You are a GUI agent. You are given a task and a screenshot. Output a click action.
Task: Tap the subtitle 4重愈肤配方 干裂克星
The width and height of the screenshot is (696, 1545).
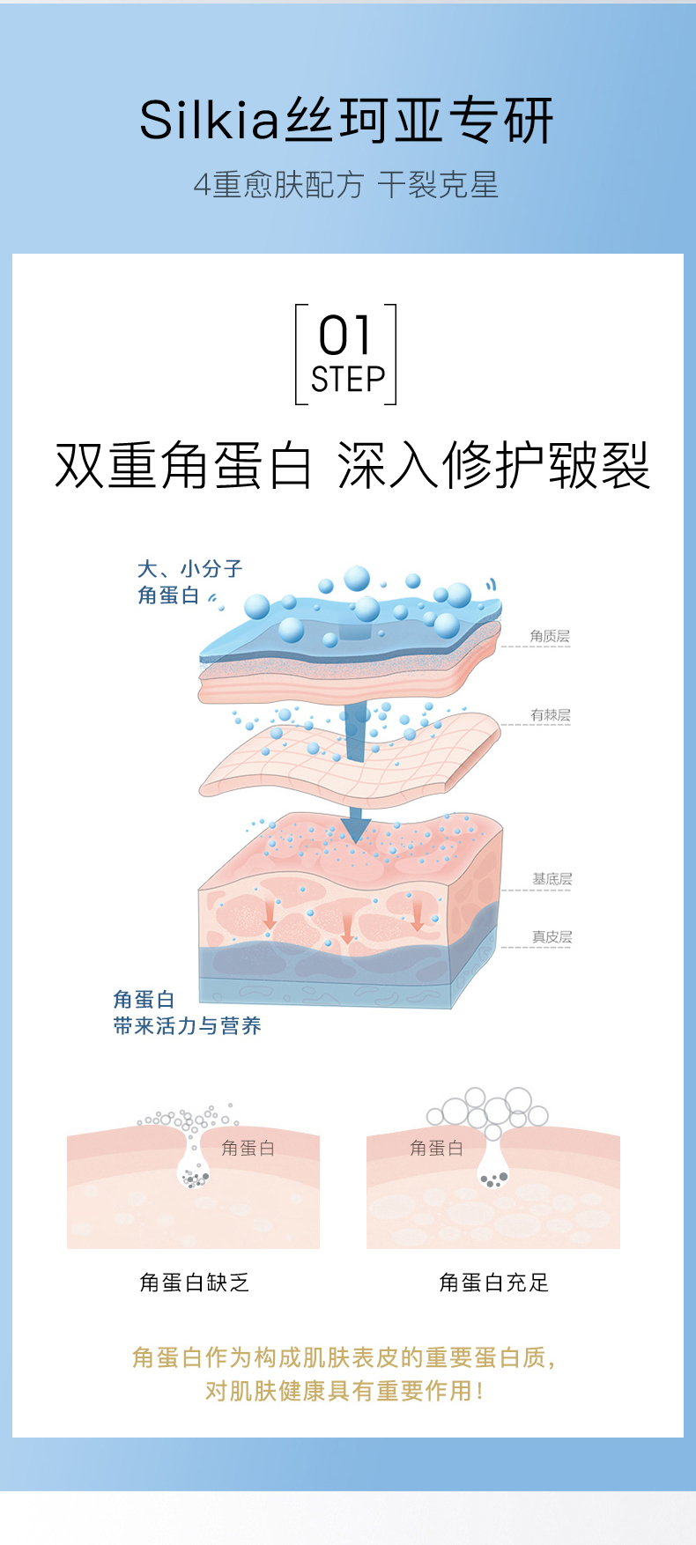(x=346, y=185)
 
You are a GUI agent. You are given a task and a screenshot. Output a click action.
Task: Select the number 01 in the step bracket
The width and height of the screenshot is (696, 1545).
(x=345, y=336)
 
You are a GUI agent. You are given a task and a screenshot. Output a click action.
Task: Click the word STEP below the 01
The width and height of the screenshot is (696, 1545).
(x=348, y=380)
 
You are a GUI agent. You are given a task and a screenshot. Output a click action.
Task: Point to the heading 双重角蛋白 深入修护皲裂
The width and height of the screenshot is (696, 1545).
(x=352, y=465)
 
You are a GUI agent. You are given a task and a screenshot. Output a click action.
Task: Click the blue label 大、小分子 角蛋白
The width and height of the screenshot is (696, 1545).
(x=189, y=582)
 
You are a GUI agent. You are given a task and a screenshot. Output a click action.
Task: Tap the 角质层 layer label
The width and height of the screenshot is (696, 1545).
(x=550, y=636)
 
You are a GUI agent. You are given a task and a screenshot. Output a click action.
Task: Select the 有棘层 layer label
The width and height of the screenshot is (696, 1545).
(x=551, y=715)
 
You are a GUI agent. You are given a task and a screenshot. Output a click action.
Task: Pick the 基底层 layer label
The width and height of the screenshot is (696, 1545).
(x=552, y=879)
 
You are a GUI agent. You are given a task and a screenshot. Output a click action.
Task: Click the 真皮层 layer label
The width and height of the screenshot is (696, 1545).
(x=552, y=937)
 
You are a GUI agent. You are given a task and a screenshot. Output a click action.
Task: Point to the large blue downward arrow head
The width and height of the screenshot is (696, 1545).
(x=355, y=828)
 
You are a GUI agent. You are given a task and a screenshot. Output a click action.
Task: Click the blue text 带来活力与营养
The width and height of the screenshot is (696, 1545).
(x=187, y=1026)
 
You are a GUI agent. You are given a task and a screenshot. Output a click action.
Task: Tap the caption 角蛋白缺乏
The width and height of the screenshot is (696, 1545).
(x=195, y=1283)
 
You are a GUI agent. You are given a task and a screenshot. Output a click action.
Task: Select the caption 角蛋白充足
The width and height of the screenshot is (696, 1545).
(x=494, y=1283)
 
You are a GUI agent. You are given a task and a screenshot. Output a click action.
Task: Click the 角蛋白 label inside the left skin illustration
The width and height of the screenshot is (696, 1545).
(x=248, y=1148)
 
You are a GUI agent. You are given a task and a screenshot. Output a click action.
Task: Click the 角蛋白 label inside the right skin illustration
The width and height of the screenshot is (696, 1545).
(x=436, y=1148)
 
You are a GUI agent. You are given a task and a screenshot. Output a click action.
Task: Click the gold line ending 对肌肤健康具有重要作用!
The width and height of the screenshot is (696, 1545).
(x=344, y=1391)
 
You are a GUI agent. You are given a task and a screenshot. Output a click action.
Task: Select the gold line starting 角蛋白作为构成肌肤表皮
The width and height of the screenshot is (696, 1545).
(x=344, y=1357)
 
